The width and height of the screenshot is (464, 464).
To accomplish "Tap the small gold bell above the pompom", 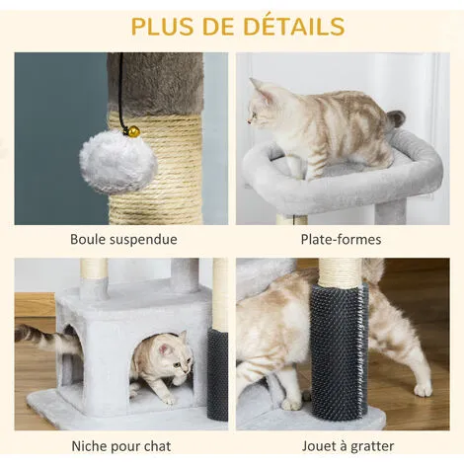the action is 134,132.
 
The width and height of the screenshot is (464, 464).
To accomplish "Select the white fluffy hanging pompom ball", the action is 118,162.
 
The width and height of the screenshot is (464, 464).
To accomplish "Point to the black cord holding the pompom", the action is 122,92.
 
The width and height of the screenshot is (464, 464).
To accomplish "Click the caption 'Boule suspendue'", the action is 123,239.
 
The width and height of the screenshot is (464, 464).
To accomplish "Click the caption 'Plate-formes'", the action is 341,239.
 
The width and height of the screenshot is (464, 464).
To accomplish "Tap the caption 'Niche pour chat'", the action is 121,446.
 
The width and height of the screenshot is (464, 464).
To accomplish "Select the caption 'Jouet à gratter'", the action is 348,446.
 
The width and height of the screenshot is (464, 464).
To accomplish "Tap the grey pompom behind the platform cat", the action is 395,119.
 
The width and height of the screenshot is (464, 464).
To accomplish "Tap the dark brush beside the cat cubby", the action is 217,374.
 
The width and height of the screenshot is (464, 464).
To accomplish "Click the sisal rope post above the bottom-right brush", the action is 341,271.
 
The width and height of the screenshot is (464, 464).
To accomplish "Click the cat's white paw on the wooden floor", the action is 423,390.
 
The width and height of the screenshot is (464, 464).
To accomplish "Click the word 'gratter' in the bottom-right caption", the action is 372,447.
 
